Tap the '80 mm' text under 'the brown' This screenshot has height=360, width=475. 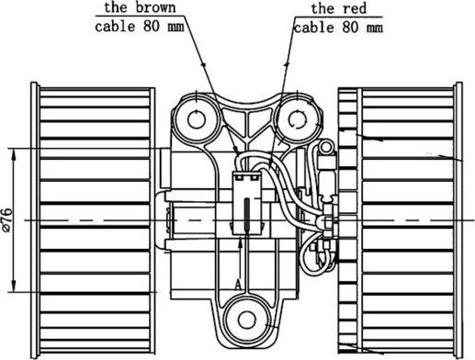coord(161,26)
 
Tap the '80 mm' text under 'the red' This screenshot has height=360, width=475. coord(359,27)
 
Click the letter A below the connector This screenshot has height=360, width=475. coord(237,286)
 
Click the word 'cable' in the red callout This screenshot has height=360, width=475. coord(313,27)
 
